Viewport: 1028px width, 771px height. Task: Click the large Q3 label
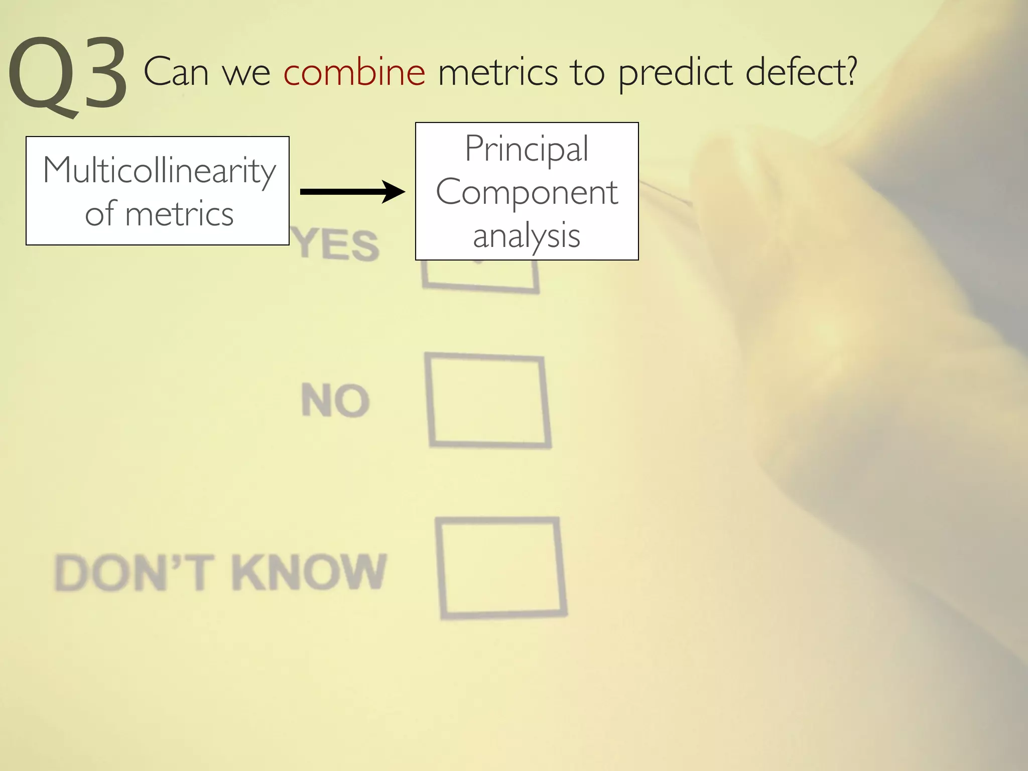pos(68,75)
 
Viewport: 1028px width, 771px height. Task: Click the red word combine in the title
pos(354,72)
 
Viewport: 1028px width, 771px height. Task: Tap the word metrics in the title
pos(497,72)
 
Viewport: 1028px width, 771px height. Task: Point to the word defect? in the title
pos(801,72)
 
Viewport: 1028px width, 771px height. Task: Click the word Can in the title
pos(176,72)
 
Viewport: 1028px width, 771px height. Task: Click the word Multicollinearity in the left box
pos(159,171)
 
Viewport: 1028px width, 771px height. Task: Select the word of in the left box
pos(100,213)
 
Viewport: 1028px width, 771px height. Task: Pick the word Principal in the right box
pos(527,149)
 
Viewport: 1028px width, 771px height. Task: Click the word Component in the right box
pos(527,192)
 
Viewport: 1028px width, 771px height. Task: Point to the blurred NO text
pos(335,401)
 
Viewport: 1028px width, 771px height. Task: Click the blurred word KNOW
pos(309,572)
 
